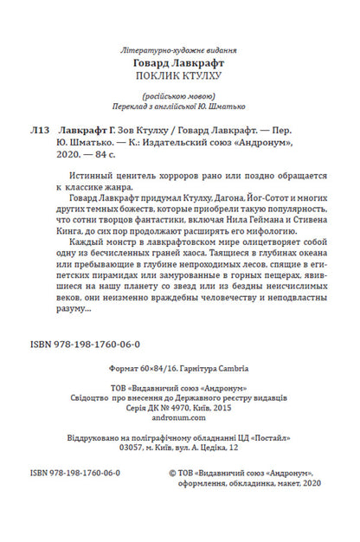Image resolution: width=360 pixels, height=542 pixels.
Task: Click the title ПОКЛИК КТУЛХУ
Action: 180,76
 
